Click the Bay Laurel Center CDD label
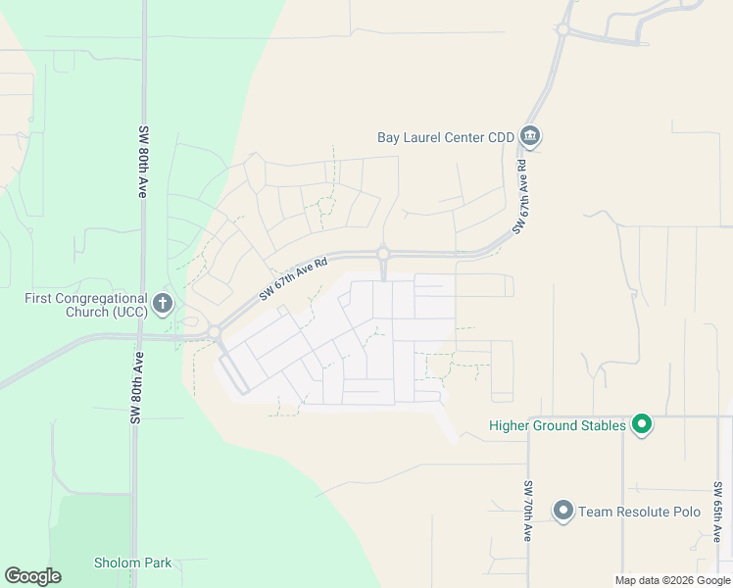(x=446, y=137)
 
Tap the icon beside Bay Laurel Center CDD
(x=530, y=135)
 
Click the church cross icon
(x=163, y=303)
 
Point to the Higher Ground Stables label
(x=558, y=425)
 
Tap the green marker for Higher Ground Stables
(x=642, y=424)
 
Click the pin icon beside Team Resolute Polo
(x=563, y=511)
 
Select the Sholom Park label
(x=132, y=563)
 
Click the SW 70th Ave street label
(x=527, y=512)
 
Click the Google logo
(x=32, y=576)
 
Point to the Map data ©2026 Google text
(x=671, y=580)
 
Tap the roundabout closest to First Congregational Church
(x=213, y=333)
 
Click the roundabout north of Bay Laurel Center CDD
(x=562, y=29)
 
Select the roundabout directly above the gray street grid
(x=383, y=253)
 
